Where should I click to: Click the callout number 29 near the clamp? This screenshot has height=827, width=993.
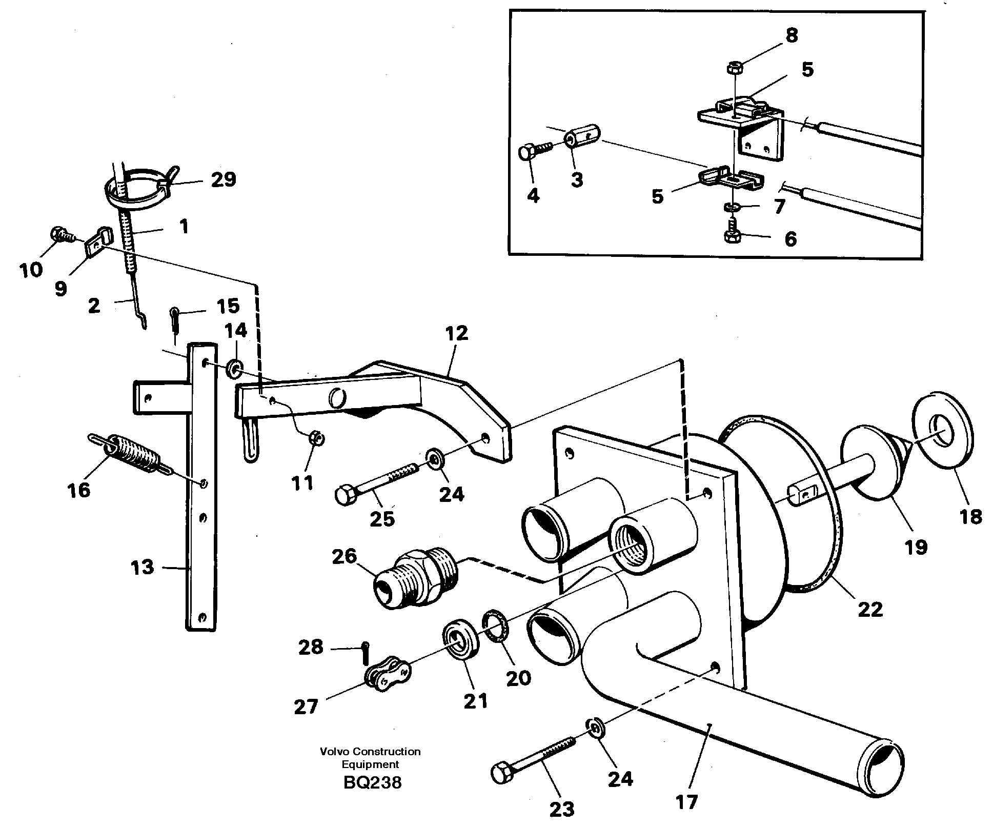(222, 179)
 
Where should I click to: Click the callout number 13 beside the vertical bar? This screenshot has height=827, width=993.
(142, 568)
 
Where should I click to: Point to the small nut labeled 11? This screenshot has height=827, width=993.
(316, 439)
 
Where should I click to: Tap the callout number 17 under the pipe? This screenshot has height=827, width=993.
(686, 801)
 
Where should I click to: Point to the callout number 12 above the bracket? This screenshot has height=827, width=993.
(456, 334)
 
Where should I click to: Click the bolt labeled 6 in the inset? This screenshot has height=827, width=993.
(733, 234)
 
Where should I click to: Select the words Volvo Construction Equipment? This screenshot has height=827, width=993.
(370, 758)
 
